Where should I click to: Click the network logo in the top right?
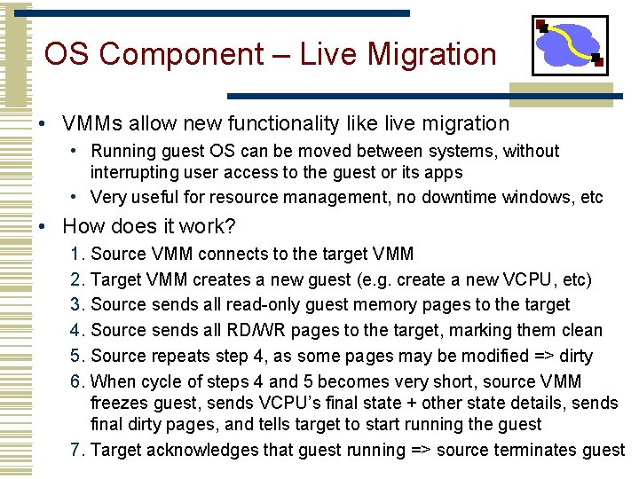point(569,45)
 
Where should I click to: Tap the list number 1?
point(75,255)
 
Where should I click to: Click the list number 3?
point(75,305)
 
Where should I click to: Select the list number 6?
point(75,381)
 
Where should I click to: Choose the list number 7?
point(75,450)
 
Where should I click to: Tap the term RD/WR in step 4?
point(253,331)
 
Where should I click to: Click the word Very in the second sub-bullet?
point(108,197)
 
